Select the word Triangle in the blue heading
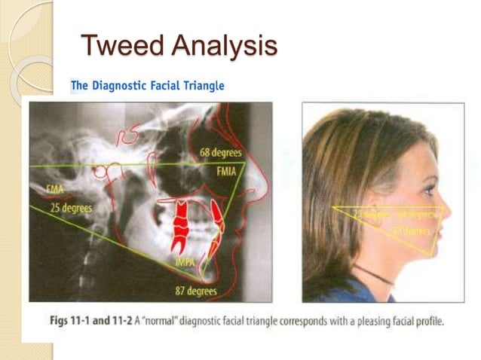coord(202,86)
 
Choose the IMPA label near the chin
coord(185,261)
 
